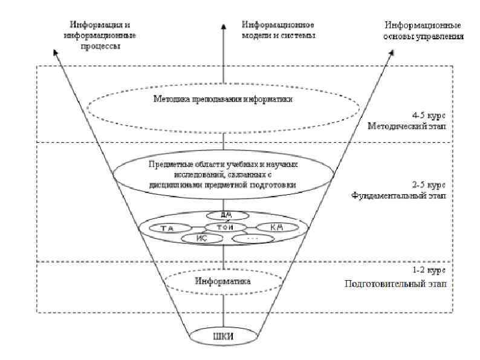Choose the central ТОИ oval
point(224,227)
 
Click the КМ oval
point(276,227)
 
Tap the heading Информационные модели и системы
point(279,31)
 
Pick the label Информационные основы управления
point(424,31)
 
